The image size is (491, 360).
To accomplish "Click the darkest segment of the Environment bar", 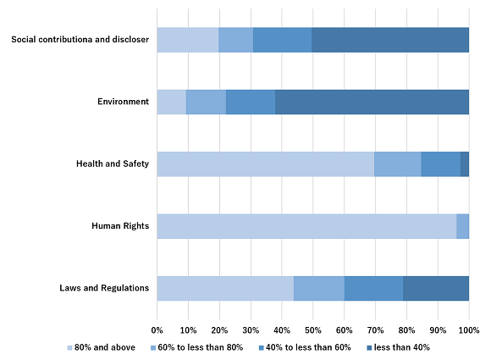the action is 372,102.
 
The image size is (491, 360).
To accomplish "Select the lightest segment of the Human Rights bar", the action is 306,226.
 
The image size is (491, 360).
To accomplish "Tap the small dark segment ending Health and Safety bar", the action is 465,164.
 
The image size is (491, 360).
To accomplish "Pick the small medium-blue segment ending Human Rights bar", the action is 463,226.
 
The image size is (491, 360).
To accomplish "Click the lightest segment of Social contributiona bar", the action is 188,40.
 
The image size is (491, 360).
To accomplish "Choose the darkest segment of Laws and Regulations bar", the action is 436,289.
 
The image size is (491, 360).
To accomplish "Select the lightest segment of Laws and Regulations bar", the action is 225,289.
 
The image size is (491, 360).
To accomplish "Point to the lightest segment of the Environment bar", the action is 172,102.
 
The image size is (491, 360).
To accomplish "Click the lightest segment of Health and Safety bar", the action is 266,164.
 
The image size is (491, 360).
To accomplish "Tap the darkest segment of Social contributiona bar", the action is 390,40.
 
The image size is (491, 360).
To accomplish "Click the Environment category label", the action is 123,102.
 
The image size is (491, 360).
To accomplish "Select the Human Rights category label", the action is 120,226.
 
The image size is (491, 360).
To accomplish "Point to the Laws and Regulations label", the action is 104,288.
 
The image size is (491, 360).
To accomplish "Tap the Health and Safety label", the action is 113,163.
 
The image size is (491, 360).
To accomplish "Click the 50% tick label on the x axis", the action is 313,330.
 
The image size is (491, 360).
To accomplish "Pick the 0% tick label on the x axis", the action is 157,330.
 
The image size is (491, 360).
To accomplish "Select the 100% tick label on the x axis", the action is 469,330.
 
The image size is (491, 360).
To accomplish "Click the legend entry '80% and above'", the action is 102,347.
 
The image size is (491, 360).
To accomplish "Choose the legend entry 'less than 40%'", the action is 398,347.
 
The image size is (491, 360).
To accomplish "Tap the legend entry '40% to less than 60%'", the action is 305,347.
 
